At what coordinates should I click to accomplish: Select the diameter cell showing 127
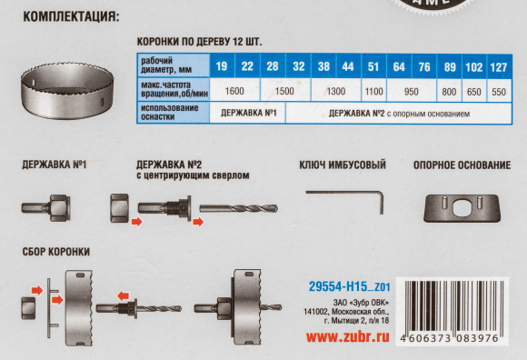[498, 65]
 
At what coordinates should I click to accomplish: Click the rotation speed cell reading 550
[498, 90]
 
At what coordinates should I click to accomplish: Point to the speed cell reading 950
[411, 90]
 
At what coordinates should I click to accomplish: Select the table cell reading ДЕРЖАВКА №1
[248, 114]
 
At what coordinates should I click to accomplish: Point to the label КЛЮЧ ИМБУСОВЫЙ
[343, 165]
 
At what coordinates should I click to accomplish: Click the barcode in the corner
[462, 309]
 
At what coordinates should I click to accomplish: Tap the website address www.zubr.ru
[349, 337]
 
